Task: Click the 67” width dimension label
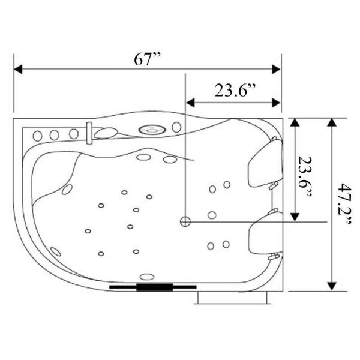click(x=147, y=59)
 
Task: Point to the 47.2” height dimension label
click(x=345, y=204)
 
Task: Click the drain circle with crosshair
click(x=185, y=222)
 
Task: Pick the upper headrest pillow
click(x=265, y=163)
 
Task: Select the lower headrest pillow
click(x=266, y=234)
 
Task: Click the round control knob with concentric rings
click(x=152, y=130)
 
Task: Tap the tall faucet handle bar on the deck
click(x=89, y=133)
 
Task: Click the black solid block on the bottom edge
click(x=154, y=287)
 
